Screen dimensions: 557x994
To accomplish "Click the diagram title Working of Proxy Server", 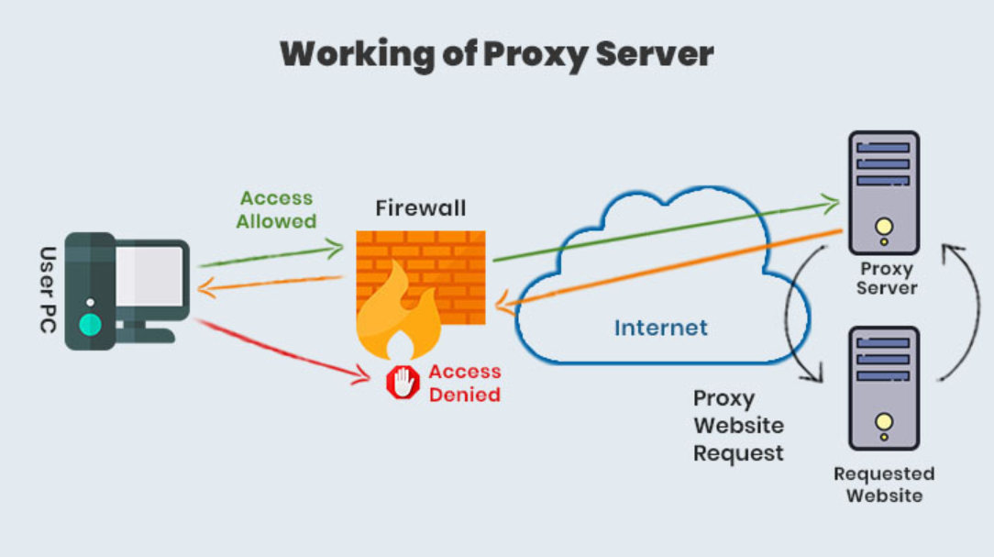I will coord(496,54).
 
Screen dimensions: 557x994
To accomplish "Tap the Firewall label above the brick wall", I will coord(421,208).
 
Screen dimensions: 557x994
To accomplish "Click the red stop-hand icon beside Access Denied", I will coord(402,383).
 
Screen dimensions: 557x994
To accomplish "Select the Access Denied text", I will coord(464,384).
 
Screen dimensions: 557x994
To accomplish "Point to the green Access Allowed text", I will coord(276,210).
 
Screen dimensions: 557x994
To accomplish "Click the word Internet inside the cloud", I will coord(660,328).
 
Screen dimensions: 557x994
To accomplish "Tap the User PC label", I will coord(49,289).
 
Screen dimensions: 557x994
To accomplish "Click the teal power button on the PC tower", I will coord(90,323).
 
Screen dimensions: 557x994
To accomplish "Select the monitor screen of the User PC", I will coord(149,275).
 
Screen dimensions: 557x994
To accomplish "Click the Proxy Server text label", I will coord(886,278).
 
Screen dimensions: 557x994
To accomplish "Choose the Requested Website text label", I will coord(884,485).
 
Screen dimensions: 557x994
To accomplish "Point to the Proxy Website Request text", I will coord(738,426).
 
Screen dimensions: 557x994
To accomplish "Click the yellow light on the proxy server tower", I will coord(883,227).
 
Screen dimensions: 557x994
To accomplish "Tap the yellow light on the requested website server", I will coord(883,422).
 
